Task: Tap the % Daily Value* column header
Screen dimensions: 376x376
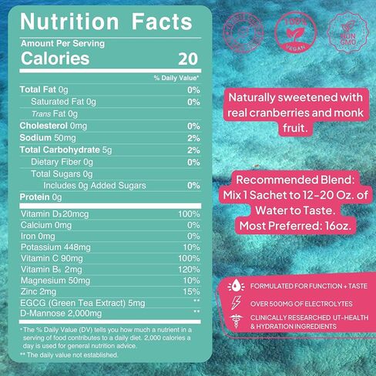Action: click(x=176, y=78)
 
